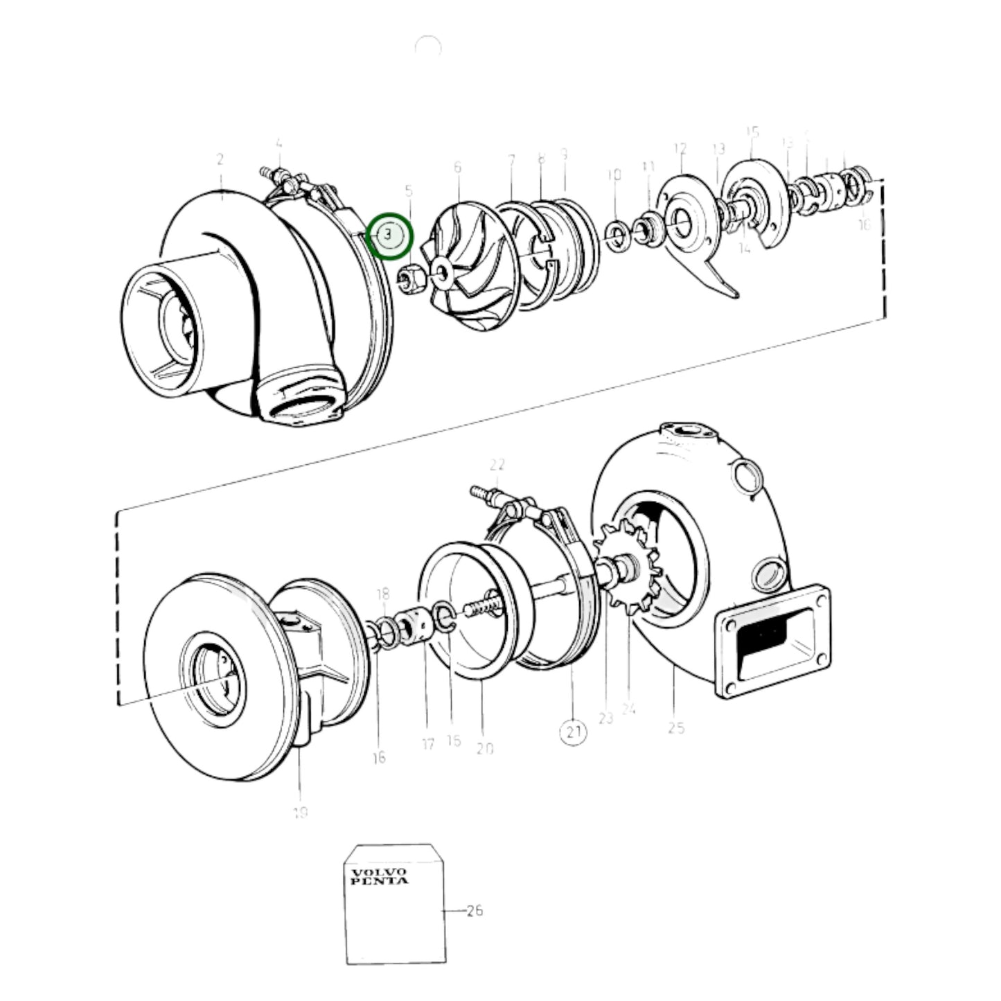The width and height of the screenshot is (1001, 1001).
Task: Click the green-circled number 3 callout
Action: click(x=389, y=235)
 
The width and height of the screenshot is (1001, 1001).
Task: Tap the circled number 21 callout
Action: click(x=573, y=732)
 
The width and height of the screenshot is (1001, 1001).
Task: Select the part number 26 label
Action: click(x=474, y=910)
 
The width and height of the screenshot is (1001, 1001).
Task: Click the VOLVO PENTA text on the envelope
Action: click(x=379, y=876)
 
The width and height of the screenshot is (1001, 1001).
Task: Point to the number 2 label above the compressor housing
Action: click(x=220, y=159)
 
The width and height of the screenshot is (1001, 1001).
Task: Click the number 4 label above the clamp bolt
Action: click(x=278, y=144)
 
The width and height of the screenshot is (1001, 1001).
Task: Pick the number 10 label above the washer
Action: click(x=614, y=175)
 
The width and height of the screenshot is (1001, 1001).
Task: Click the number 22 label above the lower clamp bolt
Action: click(x=497, y=465)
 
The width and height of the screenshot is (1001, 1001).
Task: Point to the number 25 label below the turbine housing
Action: click(x=677, y=727)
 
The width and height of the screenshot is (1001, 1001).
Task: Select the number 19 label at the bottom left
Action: click(x=300, y=813)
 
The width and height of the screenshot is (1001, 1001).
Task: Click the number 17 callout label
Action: click(x=428, y=744)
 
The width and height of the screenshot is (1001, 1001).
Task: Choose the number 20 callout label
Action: click(x=485, y=748)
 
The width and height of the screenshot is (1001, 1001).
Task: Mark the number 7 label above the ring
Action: click(x=511, y=161)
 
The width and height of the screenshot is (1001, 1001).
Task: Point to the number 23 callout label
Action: click(x=606, y=718)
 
